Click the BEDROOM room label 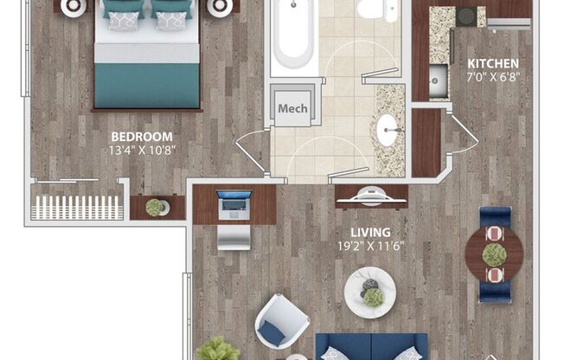coord(141,137)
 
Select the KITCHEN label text coord(493,64)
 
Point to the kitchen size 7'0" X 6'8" coord(493,77)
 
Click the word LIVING coord(369,232)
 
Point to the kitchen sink coord(438,83)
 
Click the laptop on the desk coord(234,201)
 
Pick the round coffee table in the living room coord(369,292)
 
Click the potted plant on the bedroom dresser coord(155,207)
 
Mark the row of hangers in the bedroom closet coord(75,207)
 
